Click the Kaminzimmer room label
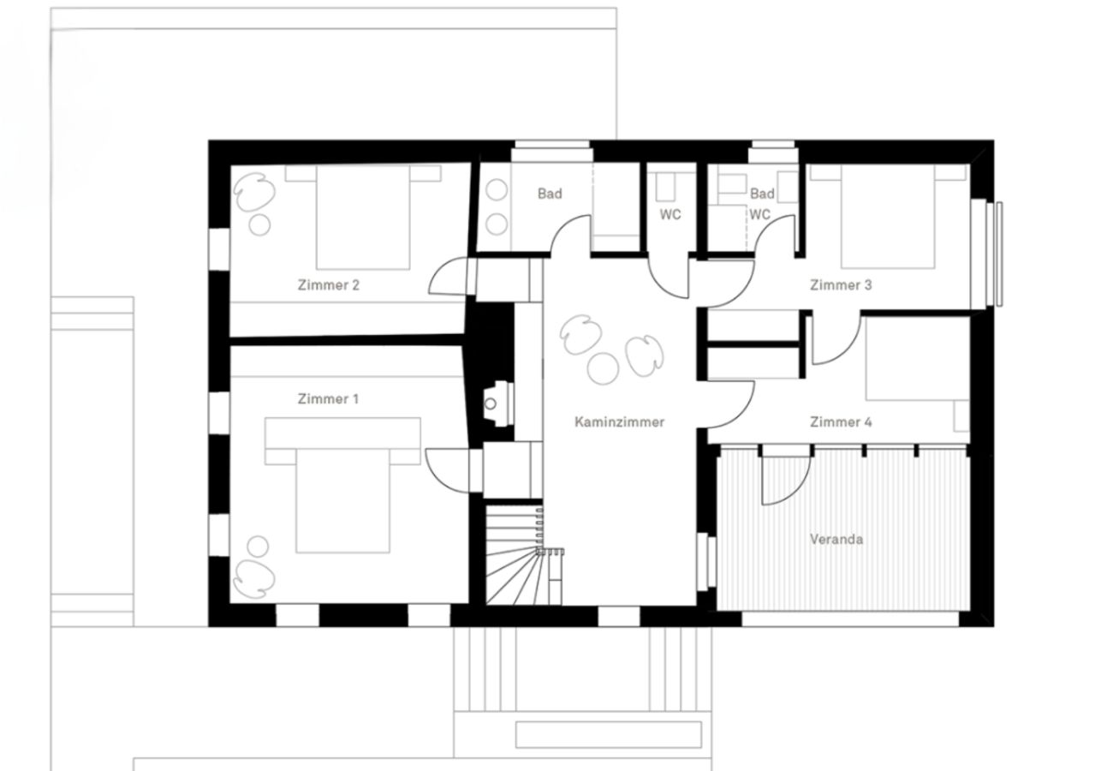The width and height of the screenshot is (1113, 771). [620, 421]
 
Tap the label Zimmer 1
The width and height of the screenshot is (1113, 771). [328, 399]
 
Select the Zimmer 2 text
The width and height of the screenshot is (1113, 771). [328, 285]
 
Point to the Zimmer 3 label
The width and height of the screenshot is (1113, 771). [841, 285]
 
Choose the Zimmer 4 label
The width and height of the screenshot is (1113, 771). [841, 421]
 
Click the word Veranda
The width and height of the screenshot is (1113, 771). [836, 540]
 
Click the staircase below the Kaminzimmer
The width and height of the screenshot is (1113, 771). [515, 557]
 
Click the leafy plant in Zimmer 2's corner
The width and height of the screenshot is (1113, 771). [253, 194]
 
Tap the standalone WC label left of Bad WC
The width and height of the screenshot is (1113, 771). [670, 214]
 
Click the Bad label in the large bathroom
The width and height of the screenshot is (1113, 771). [550, 194]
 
